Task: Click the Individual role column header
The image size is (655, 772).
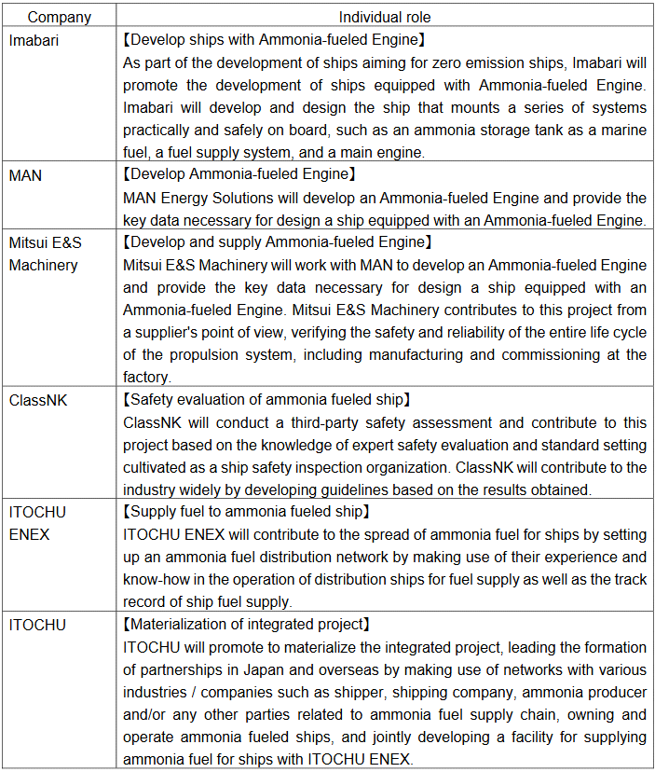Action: (384, 17)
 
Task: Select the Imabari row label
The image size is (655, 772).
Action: (34, 40)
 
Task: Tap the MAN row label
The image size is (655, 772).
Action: (25, 174)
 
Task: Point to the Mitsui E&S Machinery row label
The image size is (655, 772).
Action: (46, 253)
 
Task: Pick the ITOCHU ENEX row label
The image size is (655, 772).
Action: (38, 523)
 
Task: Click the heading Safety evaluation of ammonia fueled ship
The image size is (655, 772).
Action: (266, 399)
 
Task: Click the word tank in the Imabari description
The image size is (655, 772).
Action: (458, 130)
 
